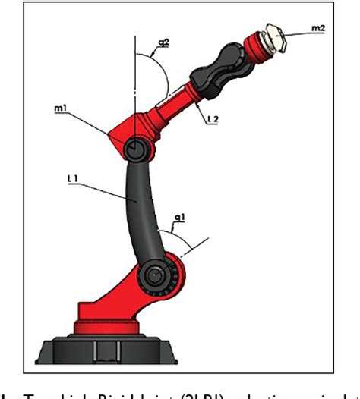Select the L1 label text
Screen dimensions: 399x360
pyautogui.click(x=74, y=179)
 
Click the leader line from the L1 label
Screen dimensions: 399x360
pyautogui.click(x=106, y=190)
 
